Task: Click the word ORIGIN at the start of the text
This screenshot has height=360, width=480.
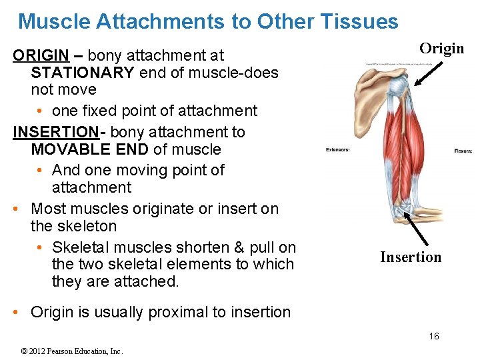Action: coord(41,55)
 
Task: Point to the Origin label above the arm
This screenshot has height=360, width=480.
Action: coord(441,48)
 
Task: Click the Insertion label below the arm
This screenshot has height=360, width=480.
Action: coord(411,257)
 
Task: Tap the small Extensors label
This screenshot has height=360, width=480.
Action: coord(337,149)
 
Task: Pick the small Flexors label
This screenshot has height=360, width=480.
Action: coord(463,151)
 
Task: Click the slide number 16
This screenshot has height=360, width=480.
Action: coord(434,336)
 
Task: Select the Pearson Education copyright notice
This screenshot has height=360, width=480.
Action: coord(72,351)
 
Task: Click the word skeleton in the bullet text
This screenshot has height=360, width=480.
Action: coord(73,227)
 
